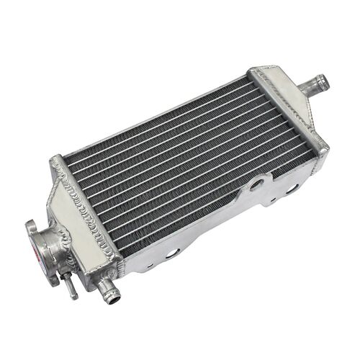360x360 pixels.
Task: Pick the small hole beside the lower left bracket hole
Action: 150,264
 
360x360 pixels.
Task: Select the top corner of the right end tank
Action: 256,70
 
